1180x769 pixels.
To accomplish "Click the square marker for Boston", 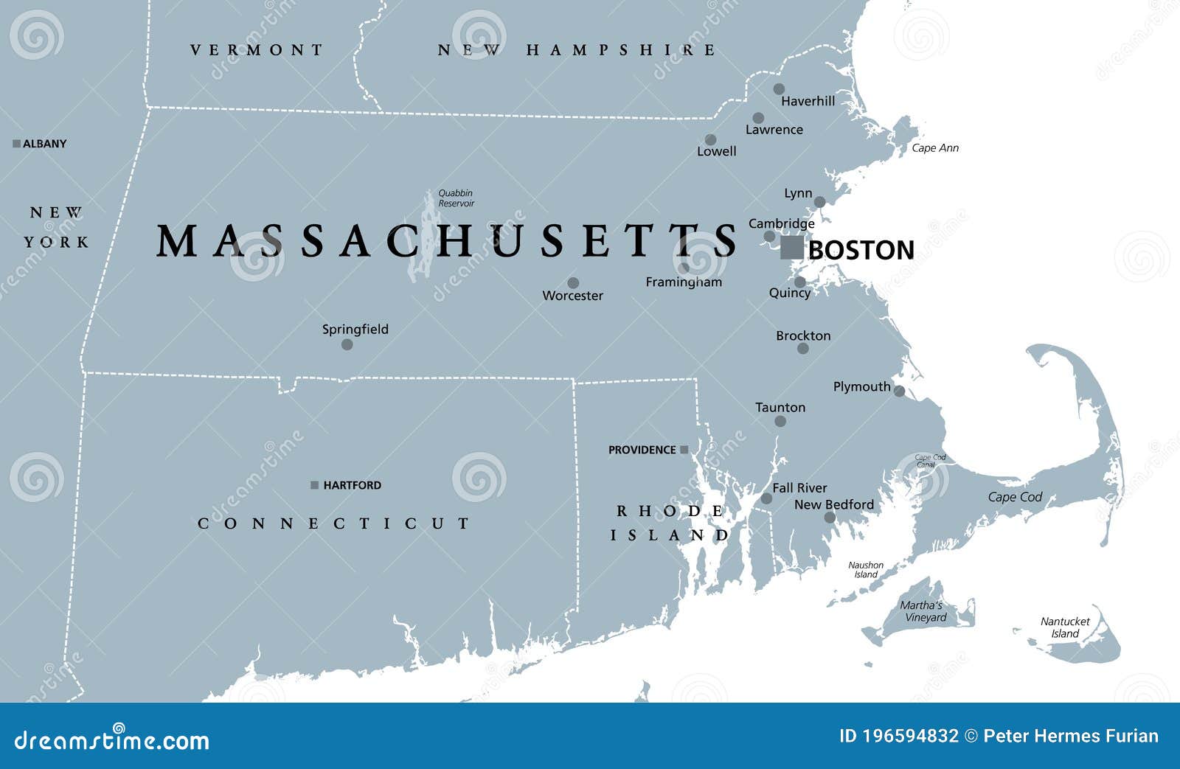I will (792, 248).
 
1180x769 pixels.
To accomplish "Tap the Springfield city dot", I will (347, 344).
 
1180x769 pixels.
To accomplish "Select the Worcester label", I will (572, 296).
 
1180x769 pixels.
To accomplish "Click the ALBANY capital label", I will (44, 144).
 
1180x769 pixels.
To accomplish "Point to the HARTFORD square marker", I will (315, 485).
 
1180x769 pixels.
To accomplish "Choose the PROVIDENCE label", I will (642, 450).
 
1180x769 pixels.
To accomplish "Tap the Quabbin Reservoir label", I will (457, 198).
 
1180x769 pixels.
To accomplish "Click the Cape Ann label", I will (935, 148).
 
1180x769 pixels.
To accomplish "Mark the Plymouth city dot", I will (899, 392).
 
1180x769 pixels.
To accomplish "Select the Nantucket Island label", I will (1065, 627).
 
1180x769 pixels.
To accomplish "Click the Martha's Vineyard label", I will (922, 611).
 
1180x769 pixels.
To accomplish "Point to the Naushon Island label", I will (866, 570).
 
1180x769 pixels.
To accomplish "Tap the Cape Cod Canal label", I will (930, 461).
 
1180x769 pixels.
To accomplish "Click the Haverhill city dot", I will (779, 89).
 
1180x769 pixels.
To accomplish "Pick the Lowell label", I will (717, 151).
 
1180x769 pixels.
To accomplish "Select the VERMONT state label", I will (257, 50).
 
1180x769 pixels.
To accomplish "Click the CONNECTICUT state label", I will (334, 523).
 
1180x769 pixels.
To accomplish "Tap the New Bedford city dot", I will (830, 518).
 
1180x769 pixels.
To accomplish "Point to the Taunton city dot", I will (780, 422).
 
